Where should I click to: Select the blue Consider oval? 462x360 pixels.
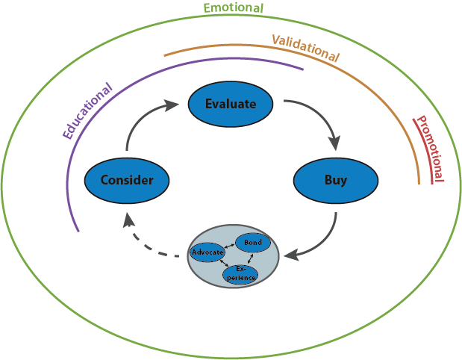coord(127,180)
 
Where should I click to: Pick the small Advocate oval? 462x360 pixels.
coord(207,252)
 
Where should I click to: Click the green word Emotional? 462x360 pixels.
coord(234,8)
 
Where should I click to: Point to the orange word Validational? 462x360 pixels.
coord(305,48)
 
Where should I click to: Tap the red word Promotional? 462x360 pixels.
coord(429,149)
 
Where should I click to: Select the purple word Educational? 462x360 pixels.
coord(87,111)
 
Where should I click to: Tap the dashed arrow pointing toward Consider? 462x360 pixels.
coord(153,243)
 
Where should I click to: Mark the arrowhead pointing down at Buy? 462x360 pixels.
coord(335,142)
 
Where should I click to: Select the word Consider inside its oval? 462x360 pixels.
coord(127,180)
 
